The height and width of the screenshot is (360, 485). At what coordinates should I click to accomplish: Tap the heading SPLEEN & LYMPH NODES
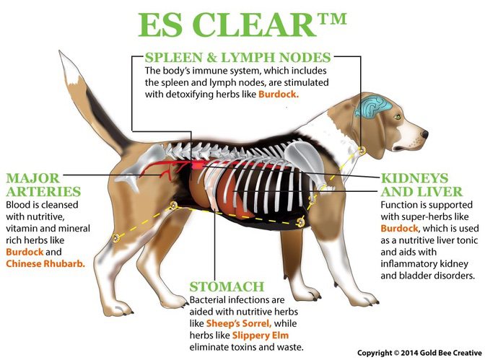coord(237,57)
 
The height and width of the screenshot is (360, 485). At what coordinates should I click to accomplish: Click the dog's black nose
coord(424,134)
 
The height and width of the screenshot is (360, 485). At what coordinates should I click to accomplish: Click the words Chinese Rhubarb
coord(45,263)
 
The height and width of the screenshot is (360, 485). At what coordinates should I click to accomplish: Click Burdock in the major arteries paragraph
coord(25,252)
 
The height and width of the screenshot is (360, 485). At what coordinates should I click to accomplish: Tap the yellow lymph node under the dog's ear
coord(362,151)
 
